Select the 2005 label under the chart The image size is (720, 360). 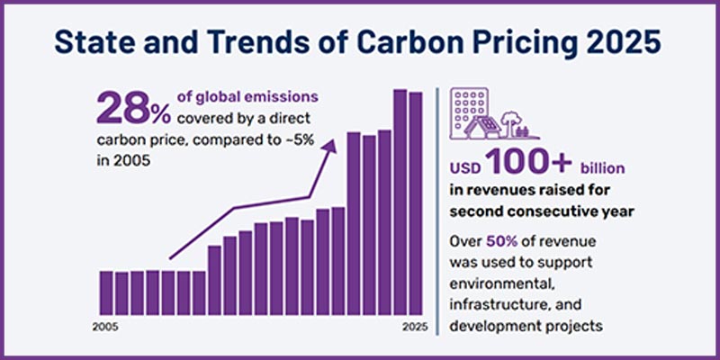(x=105, y=325)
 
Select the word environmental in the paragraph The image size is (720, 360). (x=495, y=284)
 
